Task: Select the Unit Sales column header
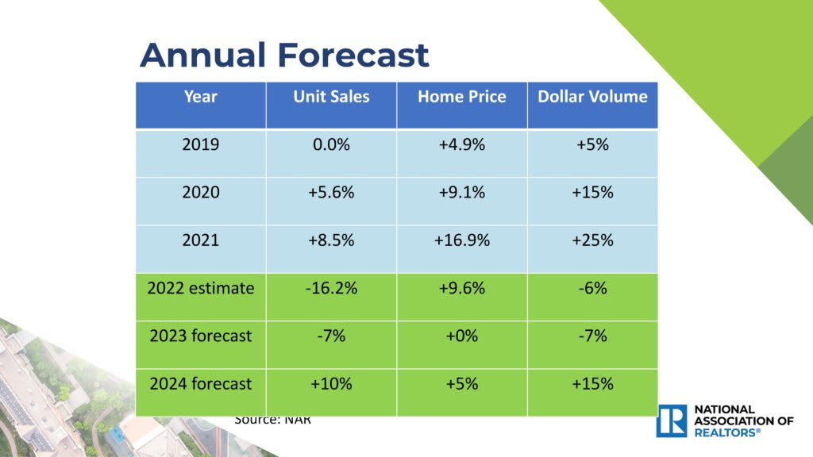point(331,97)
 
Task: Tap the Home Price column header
point(461,97)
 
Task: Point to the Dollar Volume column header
point(592,97)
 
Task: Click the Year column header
point(200,97)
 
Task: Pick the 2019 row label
point(200,145)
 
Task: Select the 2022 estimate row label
point(200,288)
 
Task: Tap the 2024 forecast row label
point(200,384)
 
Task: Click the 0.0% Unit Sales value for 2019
point(331,145)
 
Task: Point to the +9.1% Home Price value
point(461,193)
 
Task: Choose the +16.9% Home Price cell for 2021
point(461,240)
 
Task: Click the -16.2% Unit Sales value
point(331,288)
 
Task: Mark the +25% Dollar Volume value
point(592,240)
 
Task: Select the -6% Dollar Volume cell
point(592,288)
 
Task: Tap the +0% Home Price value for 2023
point(461,336)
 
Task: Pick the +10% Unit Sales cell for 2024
point(331,384)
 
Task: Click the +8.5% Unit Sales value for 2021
point(331,240)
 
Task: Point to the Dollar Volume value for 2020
point(592,193)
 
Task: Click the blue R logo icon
point(672,421)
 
